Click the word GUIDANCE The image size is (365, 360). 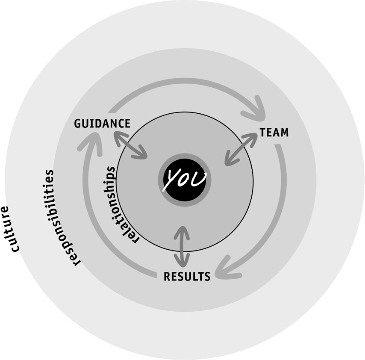point(102,124)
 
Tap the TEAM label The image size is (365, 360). point(274,132)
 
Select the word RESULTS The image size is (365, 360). point(187,276)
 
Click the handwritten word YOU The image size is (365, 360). point(184,180)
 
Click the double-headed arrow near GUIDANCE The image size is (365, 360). point(130,145)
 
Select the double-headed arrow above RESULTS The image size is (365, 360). point(182,246)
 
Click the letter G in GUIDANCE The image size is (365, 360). point(78,124)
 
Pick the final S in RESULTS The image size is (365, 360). point(207,276)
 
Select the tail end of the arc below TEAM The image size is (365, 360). point(278,146)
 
